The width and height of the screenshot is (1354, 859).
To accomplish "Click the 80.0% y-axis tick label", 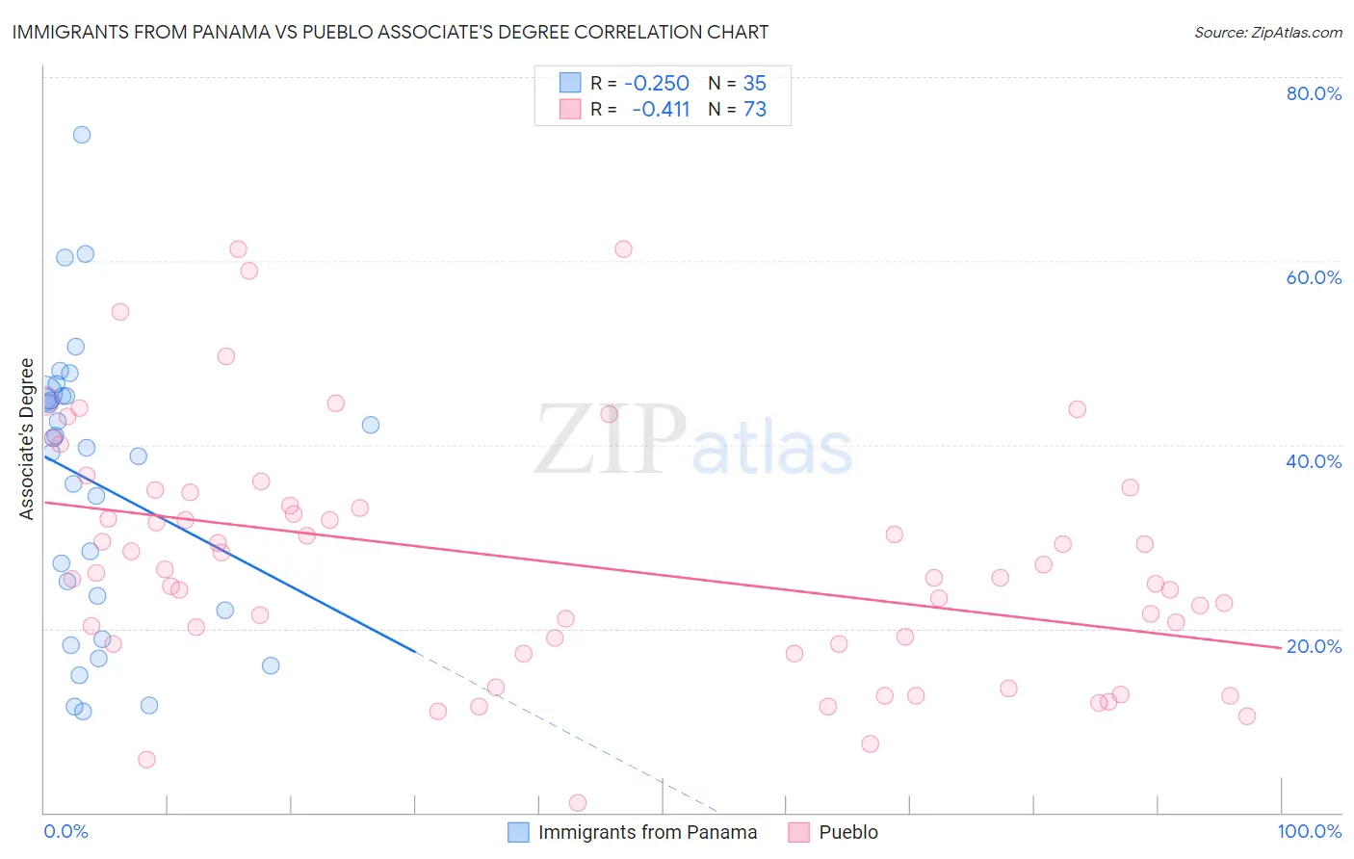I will point(1314,93).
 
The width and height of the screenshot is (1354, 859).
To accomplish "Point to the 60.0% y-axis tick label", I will point(1314,277).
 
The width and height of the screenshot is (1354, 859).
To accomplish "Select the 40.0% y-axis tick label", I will point(1314,461).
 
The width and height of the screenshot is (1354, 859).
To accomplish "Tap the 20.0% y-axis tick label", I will point(1314,646).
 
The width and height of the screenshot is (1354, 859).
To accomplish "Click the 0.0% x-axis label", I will point(65,831).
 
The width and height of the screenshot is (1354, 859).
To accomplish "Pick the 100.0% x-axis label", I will point(1309,831).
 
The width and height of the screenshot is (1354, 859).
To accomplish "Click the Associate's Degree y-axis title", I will point(27,439).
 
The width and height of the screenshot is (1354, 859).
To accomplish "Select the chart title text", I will point(390,32).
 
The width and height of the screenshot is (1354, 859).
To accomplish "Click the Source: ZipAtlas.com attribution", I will point(1267,33).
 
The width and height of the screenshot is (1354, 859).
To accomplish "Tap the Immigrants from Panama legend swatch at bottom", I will point(518,832).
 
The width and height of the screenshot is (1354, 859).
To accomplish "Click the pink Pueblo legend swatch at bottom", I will point(798,832).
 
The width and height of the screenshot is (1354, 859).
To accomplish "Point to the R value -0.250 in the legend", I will point(657,84).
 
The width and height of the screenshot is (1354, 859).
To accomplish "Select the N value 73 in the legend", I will point(755,110).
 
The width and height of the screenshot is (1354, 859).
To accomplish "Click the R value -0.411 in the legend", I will point(661,110).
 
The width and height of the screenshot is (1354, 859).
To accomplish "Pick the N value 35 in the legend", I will point(755,84).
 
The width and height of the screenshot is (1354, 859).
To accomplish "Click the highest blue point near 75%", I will point(82,135).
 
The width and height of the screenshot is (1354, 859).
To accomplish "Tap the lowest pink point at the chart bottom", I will point(578,803).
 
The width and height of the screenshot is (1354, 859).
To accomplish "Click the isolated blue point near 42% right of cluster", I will point(371,425).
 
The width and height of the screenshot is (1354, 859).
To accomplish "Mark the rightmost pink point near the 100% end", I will point(1247,716).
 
